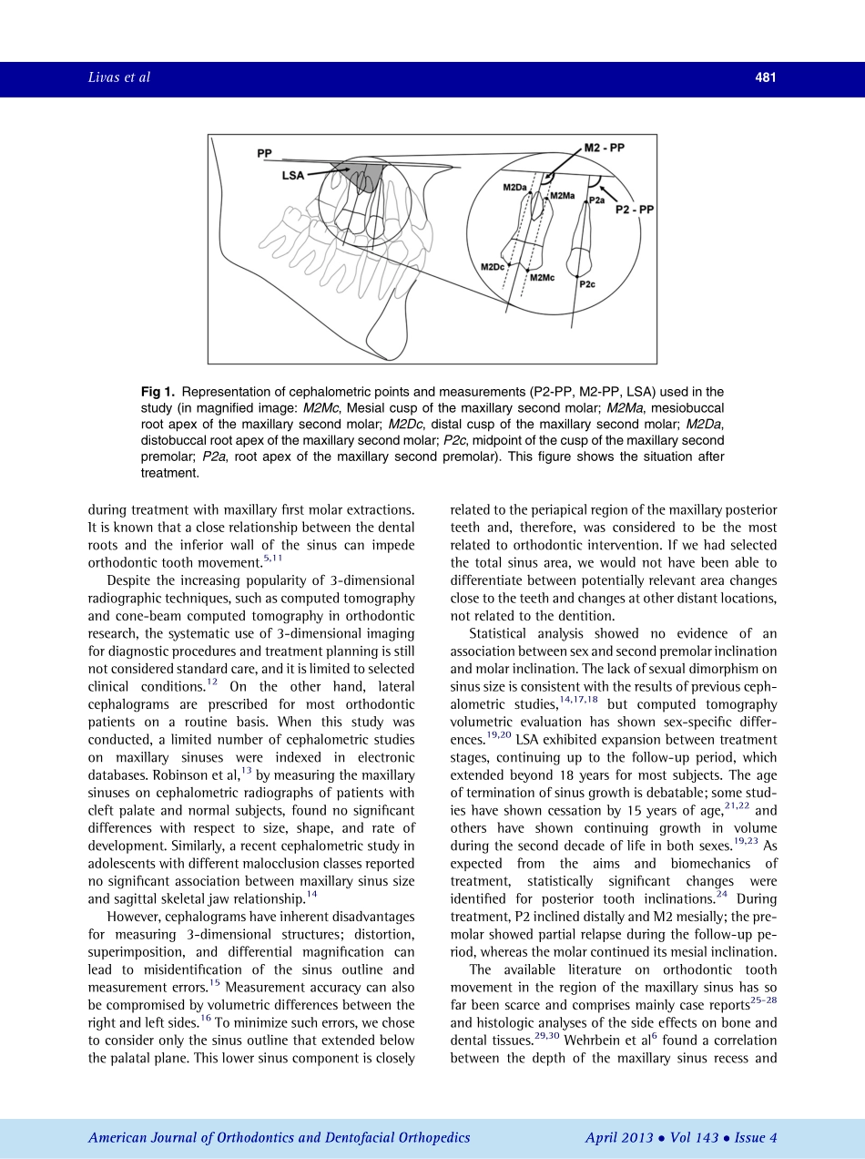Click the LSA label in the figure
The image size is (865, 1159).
(x=293, y=175)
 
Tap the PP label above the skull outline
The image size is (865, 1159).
(x=265, y=153)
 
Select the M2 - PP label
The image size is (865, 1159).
(x=605, y=147)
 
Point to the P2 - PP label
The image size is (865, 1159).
(x=634, y=209)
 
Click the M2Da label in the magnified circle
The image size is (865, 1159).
(x=515, y=188)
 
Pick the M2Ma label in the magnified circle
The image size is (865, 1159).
(x=562, y=195)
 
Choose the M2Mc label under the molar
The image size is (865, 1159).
(x=542, y=277)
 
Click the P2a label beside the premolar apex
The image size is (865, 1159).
(x=597, y=199)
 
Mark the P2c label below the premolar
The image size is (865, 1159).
(x=587, y=283)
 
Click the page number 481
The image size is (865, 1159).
(x=765, y=78)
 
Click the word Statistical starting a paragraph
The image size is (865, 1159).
(x=504, y=633)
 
